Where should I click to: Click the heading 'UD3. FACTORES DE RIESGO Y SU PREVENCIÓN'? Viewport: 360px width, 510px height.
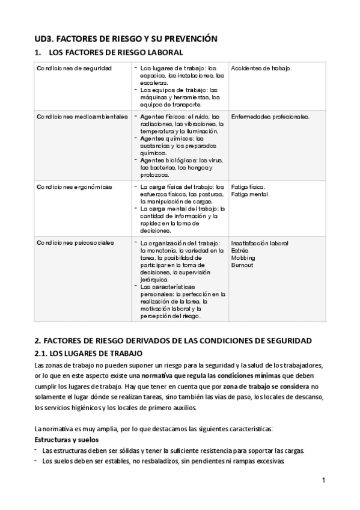(x=125, y=38)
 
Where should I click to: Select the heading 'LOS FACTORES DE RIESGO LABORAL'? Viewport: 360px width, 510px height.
(x=110, y=53)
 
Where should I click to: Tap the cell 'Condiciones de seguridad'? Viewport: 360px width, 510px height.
(x=74, y=69)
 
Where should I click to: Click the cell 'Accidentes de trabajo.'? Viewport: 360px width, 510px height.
(x=261, y=69)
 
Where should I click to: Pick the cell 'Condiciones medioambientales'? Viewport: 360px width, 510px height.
(x=82, y=116)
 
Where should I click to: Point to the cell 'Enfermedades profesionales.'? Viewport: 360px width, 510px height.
(x=270, y=116)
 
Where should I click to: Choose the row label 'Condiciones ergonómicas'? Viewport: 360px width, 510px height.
(x=74, y=187)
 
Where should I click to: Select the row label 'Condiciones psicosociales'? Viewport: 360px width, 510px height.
(x=75, y=243)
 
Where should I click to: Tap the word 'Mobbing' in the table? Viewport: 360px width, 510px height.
(x=243, y=257)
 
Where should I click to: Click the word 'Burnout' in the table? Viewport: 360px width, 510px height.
(x=242, y=265)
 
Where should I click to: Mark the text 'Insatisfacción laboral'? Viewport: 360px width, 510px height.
(x=260, y=243)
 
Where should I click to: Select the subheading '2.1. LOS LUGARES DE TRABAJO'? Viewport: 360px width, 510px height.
(x=88, y=352)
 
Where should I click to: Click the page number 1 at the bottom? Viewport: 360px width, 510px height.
(x=323, y=481)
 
